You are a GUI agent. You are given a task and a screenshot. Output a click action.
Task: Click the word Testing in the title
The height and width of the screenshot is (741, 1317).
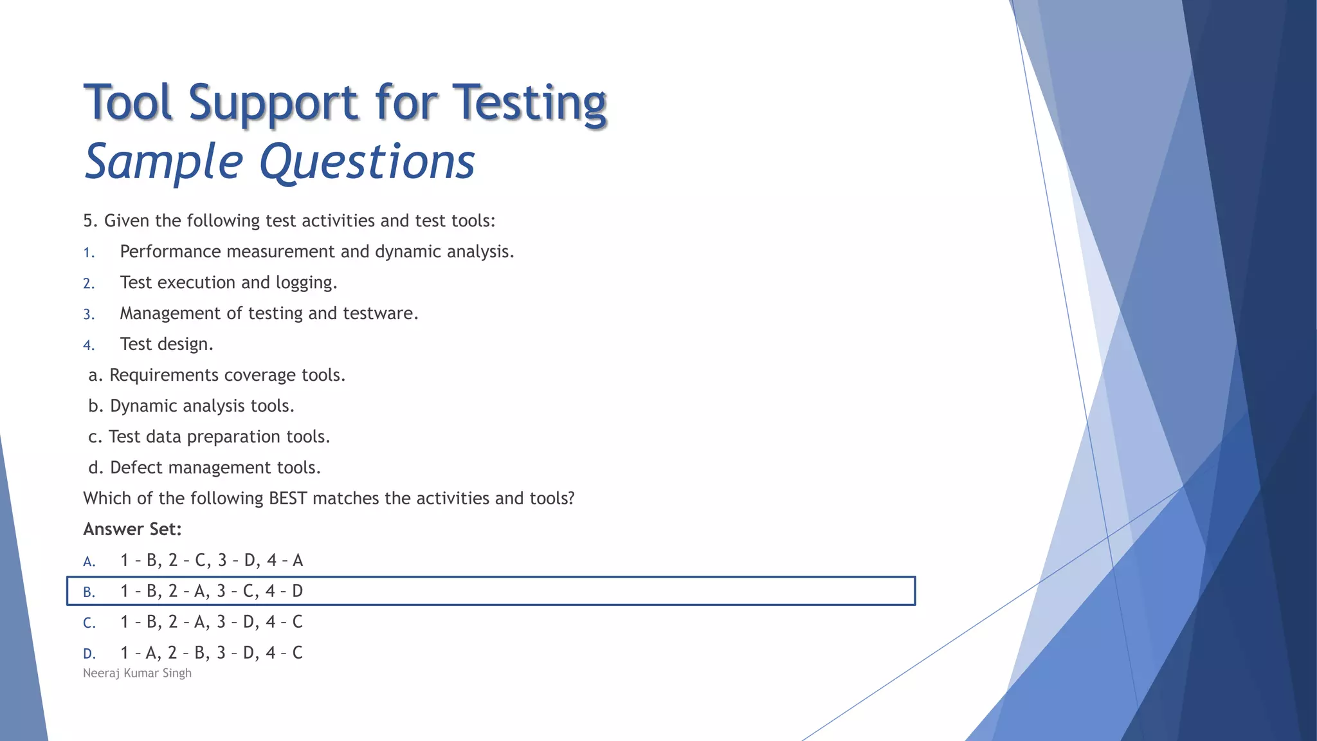529,104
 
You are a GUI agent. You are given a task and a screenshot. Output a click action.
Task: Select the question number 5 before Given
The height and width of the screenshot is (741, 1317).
89,221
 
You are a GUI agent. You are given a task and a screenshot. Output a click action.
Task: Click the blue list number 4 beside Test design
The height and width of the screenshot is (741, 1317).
89,345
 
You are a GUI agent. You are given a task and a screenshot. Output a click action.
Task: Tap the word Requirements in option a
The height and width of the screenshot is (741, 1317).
163,375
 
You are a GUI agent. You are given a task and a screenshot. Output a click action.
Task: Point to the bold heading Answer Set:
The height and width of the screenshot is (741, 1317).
132,529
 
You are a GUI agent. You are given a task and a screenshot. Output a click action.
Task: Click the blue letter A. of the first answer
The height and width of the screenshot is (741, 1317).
89,562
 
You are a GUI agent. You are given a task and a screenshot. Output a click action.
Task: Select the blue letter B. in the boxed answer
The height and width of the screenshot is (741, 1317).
89,592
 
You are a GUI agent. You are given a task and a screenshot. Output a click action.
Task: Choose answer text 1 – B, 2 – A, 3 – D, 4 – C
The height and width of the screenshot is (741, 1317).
212,622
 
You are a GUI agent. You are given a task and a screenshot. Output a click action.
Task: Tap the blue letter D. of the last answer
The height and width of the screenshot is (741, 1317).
89,654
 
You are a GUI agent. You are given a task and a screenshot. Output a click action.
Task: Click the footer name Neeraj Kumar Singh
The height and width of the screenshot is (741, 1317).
137,673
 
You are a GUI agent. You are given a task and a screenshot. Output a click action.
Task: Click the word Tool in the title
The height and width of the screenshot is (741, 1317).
129,104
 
